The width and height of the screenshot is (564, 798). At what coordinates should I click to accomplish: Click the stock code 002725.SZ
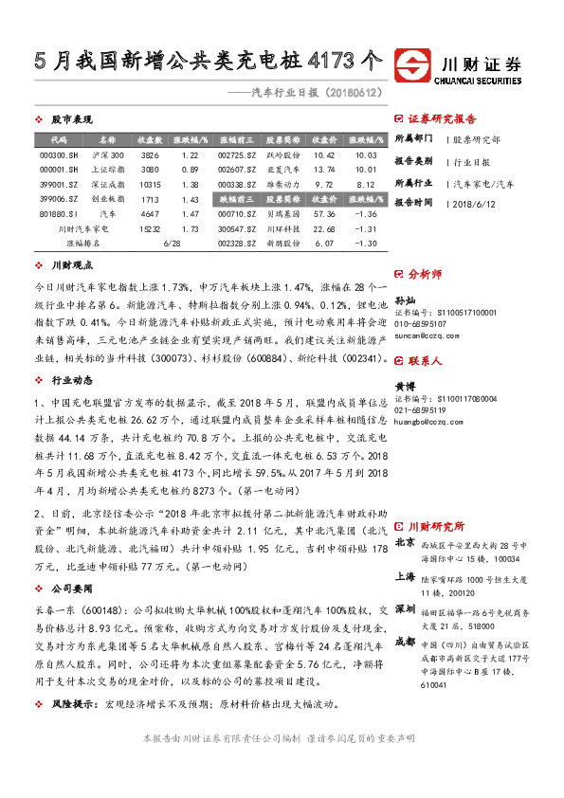(236, 154)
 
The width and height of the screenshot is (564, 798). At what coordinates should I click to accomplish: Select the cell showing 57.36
(324, 214)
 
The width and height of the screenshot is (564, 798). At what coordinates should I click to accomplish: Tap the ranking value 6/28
(172, 244)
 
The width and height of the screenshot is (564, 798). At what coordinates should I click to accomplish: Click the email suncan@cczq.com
(422, 335)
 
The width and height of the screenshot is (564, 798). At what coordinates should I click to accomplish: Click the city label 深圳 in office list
(404, 608)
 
